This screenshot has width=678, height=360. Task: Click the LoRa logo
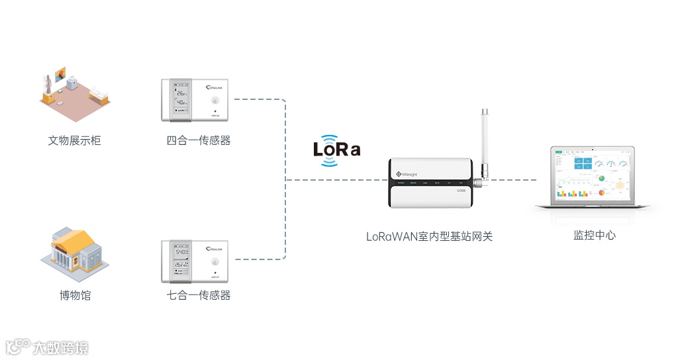336,149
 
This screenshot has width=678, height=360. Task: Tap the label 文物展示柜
74,140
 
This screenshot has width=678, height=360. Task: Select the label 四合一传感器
199,140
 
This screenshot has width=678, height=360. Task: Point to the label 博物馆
75,295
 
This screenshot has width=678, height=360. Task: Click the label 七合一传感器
199,295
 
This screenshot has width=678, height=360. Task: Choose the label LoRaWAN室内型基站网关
429,236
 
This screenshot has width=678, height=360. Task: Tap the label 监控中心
594,235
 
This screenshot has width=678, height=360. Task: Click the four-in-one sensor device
196,101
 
